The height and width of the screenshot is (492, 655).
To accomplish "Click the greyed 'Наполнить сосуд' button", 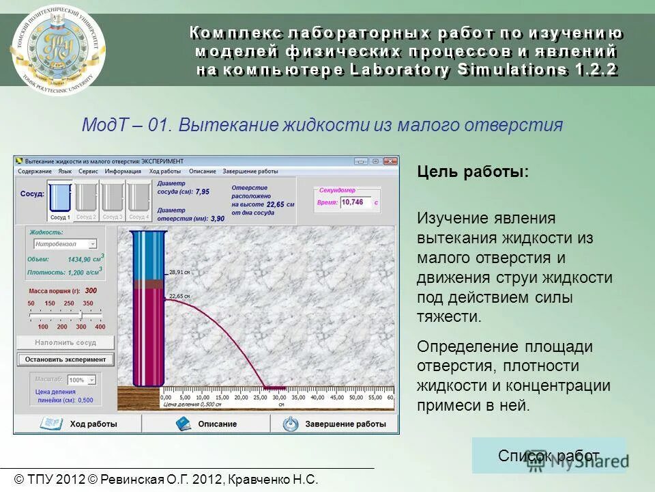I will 65,342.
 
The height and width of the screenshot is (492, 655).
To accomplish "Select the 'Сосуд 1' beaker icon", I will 60,200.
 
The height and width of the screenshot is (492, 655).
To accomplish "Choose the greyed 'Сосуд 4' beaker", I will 139,200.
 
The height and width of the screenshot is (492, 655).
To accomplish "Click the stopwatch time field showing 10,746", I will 355,202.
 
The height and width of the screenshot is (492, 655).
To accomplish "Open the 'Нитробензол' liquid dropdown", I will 65,244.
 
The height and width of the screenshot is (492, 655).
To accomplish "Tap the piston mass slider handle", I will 81,314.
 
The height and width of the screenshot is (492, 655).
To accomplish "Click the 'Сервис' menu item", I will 88,172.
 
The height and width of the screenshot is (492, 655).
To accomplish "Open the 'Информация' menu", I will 123,172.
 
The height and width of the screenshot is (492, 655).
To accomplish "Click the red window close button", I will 390,161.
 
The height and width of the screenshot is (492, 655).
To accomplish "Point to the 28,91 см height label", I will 179,272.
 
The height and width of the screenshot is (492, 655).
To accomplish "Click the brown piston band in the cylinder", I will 148,284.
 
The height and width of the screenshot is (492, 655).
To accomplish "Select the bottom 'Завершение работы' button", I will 335,424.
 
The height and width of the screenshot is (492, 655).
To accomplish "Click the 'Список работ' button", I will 549,456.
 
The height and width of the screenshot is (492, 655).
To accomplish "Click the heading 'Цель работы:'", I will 473,172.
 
